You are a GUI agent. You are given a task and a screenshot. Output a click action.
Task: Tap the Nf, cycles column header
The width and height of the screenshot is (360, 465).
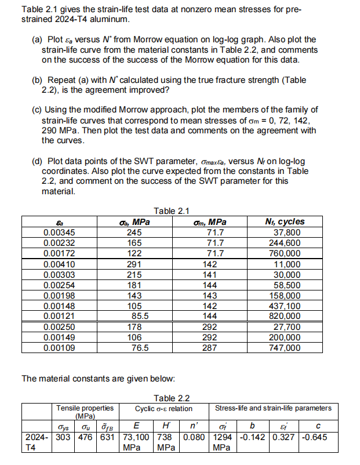click(x=283, y=222)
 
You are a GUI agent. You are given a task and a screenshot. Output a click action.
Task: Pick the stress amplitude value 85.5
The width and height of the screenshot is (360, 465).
click(x=140, y=316)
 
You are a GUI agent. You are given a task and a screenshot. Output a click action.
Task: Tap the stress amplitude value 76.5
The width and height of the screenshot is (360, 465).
click(x=140, y=348)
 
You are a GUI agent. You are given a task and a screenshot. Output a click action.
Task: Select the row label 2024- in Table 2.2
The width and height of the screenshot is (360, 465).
click(x=36, y=437)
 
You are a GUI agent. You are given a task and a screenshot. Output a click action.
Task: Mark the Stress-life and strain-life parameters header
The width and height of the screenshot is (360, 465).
click(x=274, y=408)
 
